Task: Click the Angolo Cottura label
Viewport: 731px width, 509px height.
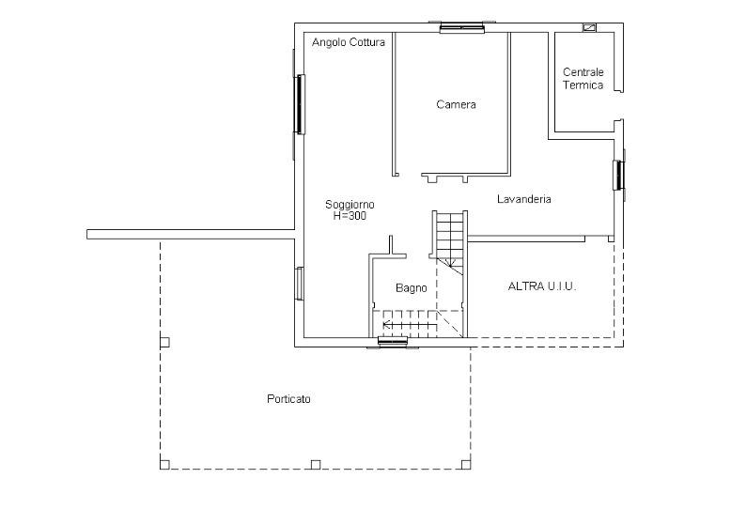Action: click(349, 42)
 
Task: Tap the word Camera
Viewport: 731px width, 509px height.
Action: click(456, 104)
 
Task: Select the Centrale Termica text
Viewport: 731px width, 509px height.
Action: click(583, 78)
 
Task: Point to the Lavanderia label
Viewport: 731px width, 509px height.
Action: click(524, 199)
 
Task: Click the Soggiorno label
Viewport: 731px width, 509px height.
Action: click(350, 204)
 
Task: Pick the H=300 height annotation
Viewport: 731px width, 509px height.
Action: click(350, 216)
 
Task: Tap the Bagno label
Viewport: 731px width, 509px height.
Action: click(412, 288)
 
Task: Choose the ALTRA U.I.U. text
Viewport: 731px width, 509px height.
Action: click(542, 286)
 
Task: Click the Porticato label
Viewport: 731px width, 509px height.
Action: click(288, 399)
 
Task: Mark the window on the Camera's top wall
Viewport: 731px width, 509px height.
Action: click(462, 28)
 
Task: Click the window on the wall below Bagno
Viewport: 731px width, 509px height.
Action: click(393, 343)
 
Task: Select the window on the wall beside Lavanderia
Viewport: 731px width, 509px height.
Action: click(618, 175)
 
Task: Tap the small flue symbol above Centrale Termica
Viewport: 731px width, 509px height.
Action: click(589, 27)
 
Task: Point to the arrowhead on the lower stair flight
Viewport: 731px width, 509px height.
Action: click(386, 324)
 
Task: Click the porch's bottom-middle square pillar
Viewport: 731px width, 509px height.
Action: click(316, 464)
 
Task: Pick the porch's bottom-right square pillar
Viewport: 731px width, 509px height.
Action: click(466, 464)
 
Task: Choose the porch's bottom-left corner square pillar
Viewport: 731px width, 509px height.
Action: click(164, 464)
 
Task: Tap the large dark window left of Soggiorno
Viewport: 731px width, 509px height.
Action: click(300, 104)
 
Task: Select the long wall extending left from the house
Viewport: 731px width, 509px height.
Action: click(191, 235)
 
